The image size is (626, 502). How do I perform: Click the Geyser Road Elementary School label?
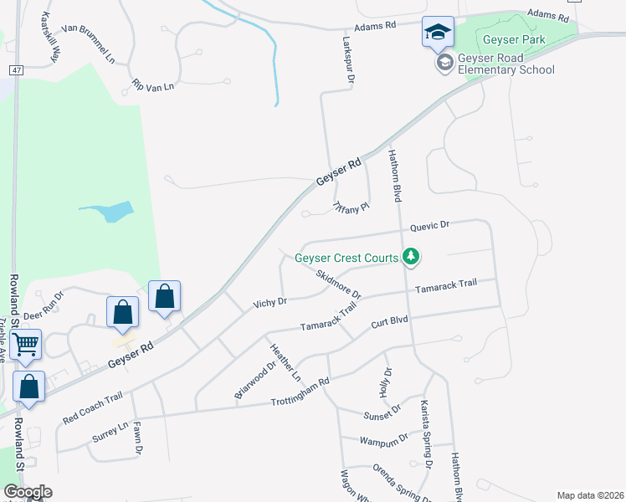[x=506, y=64]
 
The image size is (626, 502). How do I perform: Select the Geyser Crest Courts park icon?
[x=410, y=257]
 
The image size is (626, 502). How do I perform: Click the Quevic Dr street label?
[x=430, y=226]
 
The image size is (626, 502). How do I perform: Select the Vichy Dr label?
[x=270, y=301]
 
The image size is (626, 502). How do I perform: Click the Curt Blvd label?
[x=389, y=321]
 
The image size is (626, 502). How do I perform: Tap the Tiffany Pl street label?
[x=351, y=207]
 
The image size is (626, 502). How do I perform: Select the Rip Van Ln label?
[x=152, y=85]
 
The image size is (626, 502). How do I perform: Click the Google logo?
[x=28, y=492]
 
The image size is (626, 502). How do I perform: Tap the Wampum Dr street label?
[x=383, y=438]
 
